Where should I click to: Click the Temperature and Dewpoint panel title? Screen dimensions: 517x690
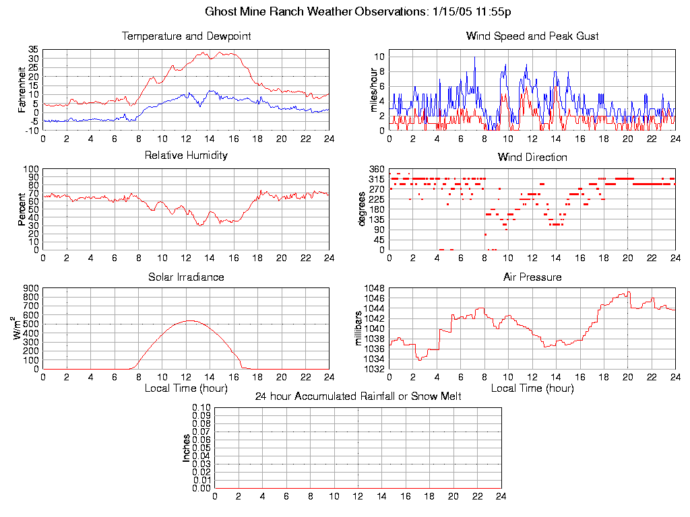[x=186, y=36]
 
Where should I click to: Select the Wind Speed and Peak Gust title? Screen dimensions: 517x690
[x=532, y=36]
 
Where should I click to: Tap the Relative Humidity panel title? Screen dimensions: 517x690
[x=186, y=156]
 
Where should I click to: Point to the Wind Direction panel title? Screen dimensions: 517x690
[x=532, y=158]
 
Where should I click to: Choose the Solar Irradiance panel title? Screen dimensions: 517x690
[x=186, y=277]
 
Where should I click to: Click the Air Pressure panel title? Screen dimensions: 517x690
[x=532, y=277]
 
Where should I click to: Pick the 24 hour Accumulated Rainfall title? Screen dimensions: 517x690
[x=358, y=397]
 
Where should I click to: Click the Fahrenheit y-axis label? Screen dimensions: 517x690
[x=22, y=90]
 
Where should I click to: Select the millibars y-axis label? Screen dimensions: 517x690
[x=359, y=329]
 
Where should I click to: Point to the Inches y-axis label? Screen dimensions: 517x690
[x=187, y=448]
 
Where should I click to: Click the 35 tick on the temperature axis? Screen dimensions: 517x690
[x=33, y=50]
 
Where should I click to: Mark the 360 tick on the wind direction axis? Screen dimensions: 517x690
[x=377, y=169]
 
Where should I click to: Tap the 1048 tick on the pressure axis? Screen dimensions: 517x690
[x=375, y=288]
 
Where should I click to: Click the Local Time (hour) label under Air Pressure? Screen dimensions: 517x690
[x=532, y=388]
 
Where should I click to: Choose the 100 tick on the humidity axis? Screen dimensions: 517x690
[x=30, y=169]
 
